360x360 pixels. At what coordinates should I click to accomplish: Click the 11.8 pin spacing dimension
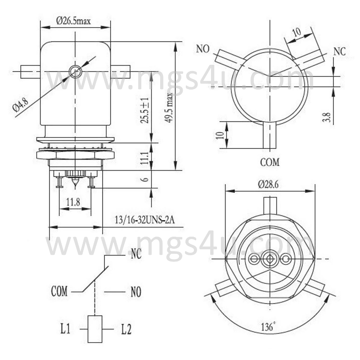click(73, 202)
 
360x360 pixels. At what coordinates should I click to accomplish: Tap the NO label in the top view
click(203, 49)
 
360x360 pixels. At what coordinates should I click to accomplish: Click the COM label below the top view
click(270, 162)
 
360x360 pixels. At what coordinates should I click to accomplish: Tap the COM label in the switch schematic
click(59, 292)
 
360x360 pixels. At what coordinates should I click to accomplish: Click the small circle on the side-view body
click(75, 71)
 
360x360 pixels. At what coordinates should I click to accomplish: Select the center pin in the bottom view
click(269, 259)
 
